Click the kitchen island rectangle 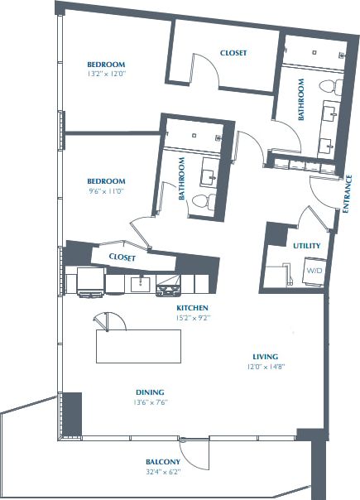[x=138, y=346]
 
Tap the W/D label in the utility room [x=314, y=271]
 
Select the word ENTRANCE [x=348, y=194]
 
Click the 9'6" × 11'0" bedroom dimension [x=106, y=191]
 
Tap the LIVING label [x=266, y=356]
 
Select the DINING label [x=151, y=392]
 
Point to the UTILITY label [x=306, y=246]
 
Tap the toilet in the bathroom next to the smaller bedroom [x=200, y=201]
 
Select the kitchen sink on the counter [x=140, y=285]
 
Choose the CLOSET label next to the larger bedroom [x=233, y=53]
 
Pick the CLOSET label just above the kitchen [x=122, y=257]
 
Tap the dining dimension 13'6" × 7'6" [x=151, y=403]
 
